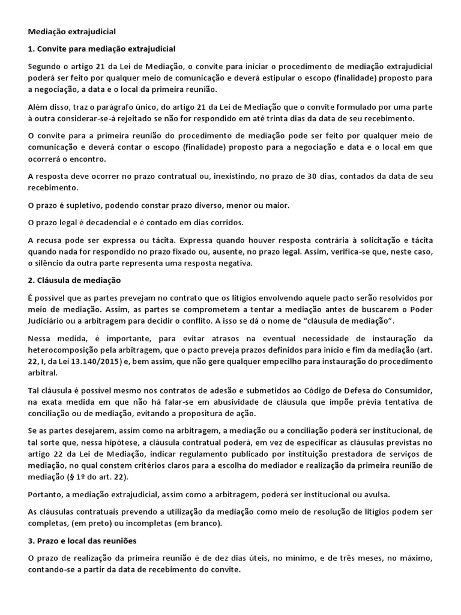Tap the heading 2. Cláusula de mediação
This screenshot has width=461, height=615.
click(x=74, y=280)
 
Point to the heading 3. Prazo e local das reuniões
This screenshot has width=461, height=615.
click(x=82, y=541)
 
